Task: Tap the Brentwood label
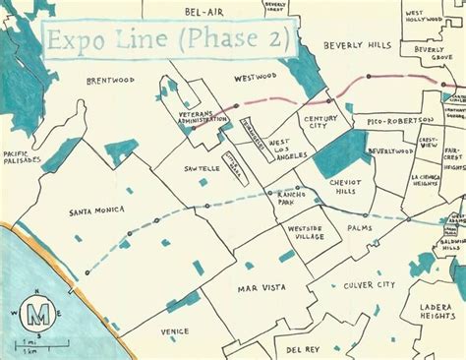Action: pos(110,81)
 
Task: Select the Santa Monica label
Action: pos(94,210)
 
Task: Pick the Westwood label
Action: pos(256,76)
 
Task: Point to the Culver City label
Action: pos(369,285)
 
